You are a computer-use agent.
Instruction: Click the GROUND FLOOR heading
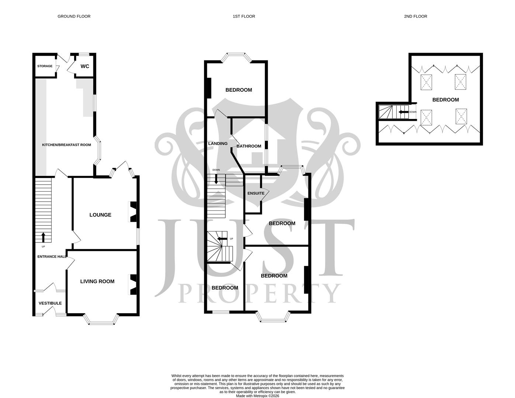[x=74, y=16]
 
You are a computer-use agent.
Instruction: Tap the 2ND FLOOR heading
[x=415, y=16]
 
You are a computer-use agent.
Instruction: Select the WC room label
[x=85, y=66]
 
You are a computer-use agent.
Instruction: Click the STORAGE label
[x=45, y=66]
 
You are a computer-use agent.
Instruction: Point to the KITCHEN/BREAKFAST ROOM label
[x=66, y=145]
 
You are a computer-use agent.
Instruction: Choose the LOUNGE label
[x=100, y=215]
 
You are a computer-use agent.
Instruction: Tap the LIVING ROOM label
[x=97, y=281]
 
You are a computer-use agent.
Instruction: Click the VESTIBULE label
[x=50, y=303]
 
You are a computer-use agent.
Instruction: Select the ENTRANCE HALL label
[x=52, y=256]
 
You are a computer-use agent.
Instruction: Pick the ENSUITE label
[x=256, y=193]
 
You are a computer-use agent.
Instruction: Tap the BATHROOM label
[x=249, y=146]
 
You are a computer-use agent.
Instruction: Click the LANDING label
[x=218, y=143]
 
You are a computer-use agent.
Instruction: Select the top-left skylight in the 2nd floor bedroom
[x=426, y=81]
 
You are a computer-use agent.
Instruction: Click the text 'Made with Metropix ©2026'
[x=257, y=396]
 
